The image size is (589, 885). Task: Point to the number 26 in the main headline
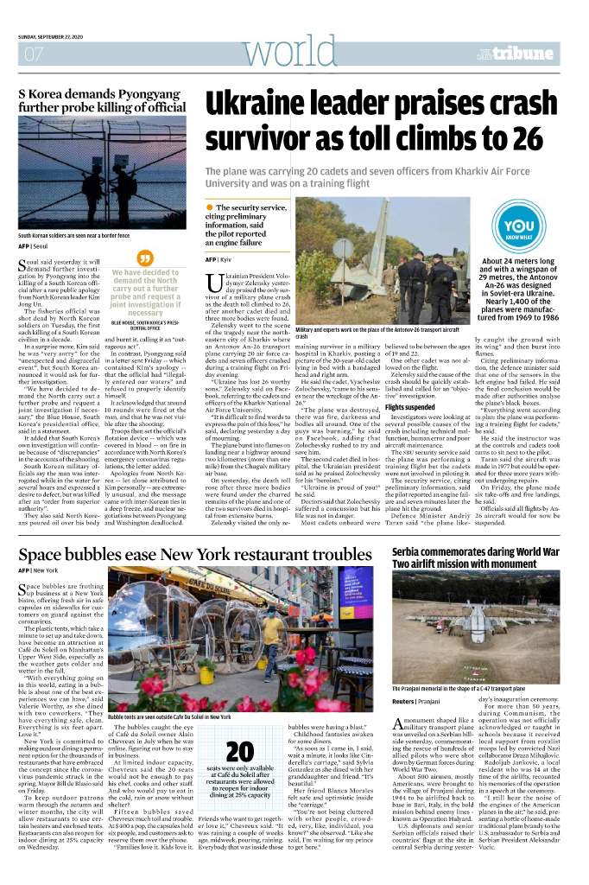click(x=520, y=138)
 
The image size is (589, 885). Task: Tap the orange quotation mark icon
click(x=145, y=257)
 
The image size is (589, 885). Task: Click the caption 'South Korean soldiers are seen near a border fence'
click(x=74, y=235)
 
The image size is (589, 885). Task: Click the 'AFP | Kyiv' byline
click(x=218, y=259)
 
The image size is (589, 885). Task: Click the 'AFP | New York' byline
click(x=38, y=571)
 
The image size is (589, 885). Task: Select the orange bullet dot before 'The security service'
click(x=209, y=208)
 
